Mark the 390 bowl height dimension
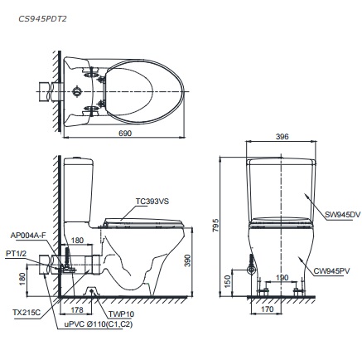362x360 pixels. click(198, 260)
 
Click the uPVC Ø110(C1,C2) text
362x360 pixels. click(99, 326)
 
